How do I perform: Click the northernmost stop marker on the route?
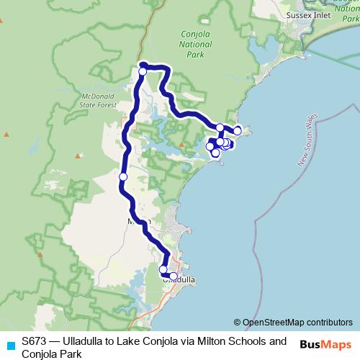pyautogui.click(x=143, y=71)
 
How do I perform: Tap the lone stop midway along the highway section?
pyautogui.click(x=123, y=176)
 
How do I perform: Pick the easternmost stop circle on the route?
pyautogui.click(x=238, y=130)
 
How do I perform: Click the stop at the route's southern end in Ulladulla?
pyautogui.click(x=174, y=276)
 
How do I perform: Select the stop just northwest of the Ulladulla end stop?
pyautogui.click(x=163, y=269)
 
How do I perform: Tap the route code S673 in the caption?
pyautogui.click(x=35, y=341)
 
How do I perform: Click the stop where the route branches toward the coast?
pyautogui.click(x=220, y=127)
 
